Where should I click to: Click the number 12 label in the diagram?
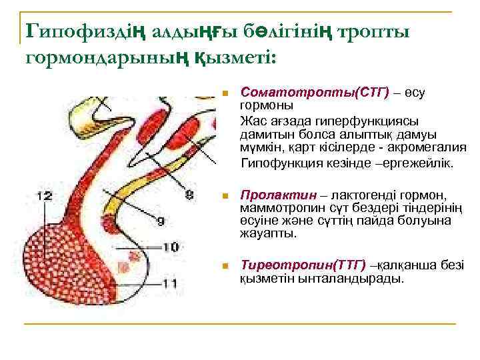[x=43, y=195]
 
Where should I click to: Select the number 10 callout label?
[x=170, y=246]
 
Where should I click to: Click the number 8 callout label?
[x=189, y=195]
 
